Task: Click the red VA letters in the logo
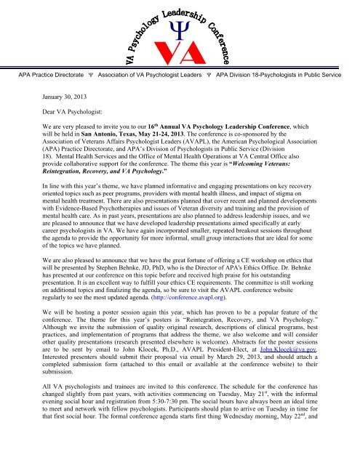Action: coord(180,50)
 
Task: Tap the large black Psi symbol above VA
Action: coord(180,28)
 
